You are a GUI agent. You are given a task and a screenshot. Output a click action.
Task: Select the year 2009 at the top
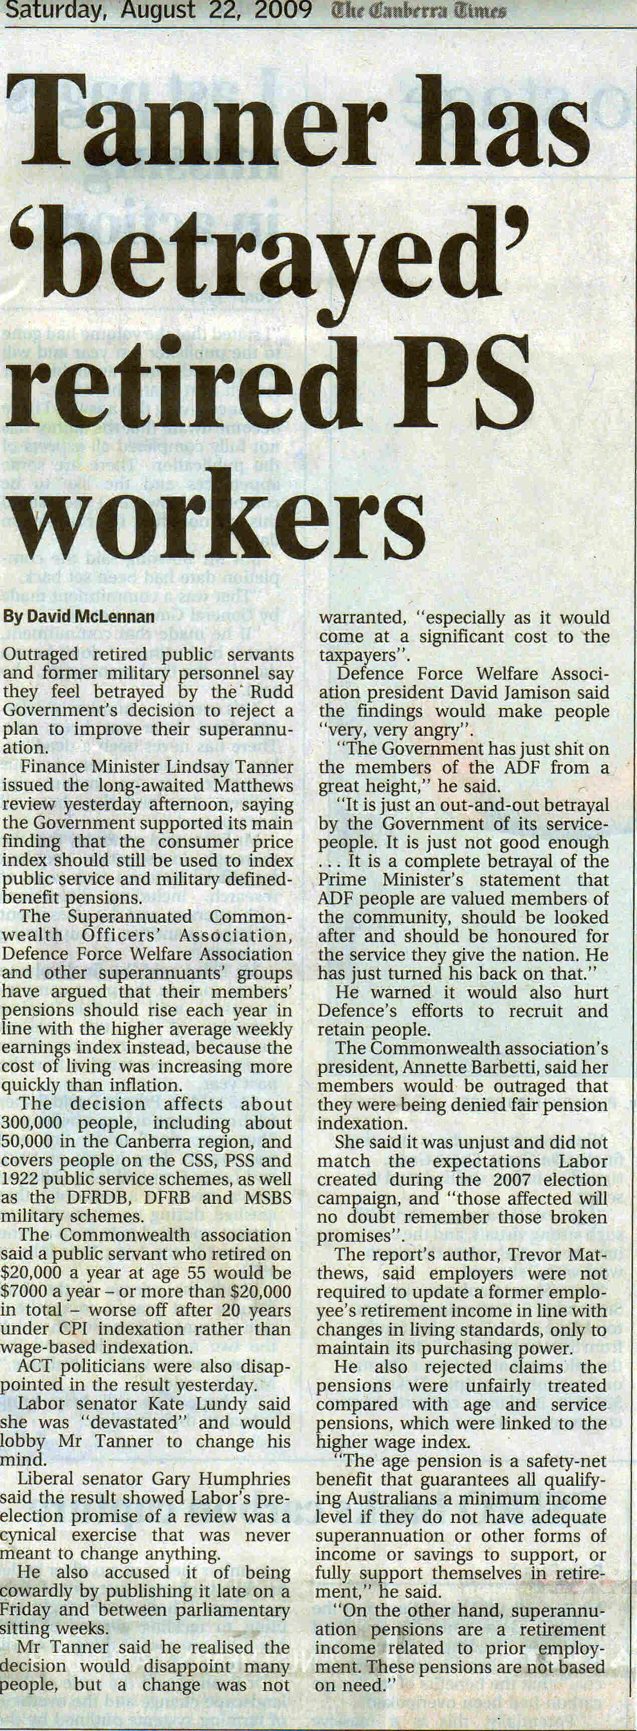(283, 11)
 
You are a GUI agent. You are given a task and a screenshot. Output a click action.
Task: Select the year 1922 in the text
(22, 1179)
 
